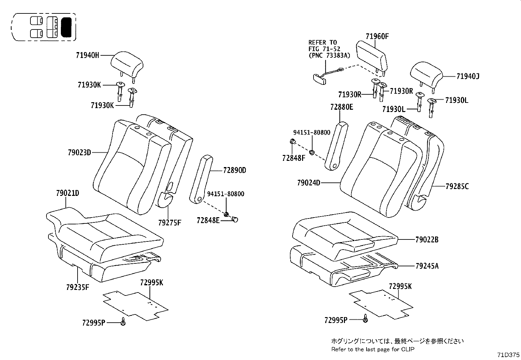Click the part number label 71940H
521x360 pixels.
point(87,55)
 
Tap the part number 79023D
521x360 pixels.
point(79,152)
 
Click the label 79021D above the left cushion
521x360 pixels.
point(67,193)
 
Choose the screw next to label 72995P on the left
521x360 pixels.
point(123,322)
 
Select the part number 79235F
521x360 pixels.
point(77,288)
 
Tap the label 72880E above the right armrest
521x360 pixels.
point(342,107)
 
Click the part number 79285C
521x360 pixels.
point(457,186)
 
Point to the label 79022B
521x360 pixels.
point(427,240)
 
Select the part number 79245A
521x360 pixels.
point(427,266)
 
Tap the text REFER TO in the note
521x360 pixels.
point(322,43)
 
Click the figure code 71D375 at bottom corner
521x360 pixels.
point(508,355)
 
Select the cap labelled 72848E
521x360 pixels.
point(235,219)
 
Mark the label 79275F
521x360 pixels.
point(169,223)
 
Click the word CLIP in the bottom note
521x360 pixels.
point(407,349)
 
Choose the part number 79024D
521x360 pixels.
point(309,183)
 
